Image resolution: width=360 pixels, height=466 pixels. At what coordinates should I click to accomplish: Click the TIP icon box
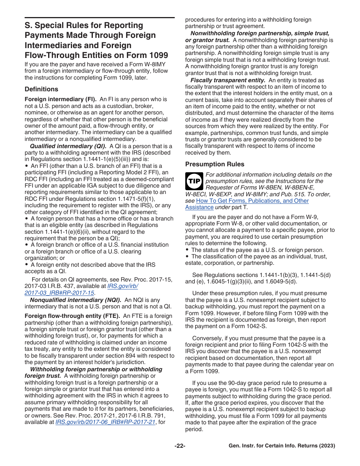click(194, 181)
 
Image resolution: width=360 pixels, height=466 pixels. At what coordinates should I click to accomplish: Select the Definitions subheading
click(41, 89)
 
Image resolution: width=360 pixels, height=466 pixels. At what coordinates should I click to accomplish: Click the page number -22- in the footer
click(180, 446)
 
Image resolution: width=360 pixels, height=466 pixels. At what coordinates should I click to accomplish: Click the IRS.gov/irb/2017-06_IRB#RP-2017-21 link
click(105, 422)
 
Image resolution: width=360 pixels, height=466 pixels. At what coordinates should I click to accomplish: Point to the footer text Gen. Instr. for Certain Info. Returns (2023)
click(282, 446)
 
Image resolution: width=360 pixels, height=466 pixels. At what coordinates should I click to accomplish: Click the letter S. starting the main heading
click(29, 25)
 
